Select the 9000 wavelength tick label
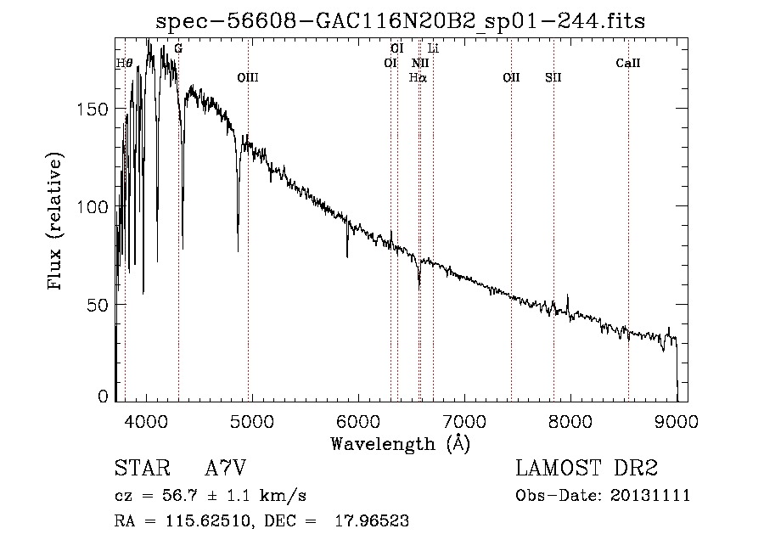[x=677, y=421]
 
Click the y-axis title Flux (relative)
[x=57, y=222]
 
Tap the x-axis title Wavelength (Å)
[x=399, y=443]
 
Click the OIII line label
[x=248, y=78]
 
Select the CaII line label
[x=628, y=63]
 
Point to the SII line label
[x=553, y=78]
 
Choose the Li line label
[x=433, y=48]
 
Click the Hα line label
[x=418, y=78]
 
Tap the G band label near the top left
[x=177, y=48]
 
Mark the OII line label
[x=511, y=78]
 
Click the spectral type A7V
[x=226, y=468]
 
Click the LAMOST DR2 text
[x=587, y=468]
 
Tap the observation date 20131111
[x=651, y=496]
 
